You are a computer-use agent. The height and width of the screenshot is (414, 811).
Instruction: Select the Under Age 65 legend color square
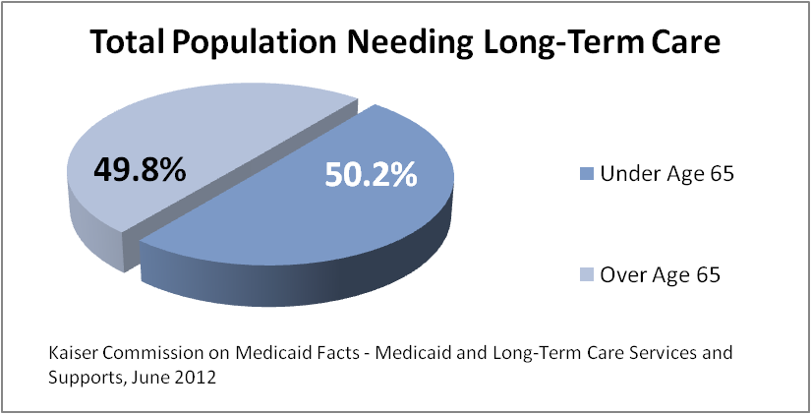click(586, 175)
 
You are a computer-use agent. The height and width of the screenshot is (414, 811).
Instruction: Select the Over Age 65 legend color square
click(586, 275)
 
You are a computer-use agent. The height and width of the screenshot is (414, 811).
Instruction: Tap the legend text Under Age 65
click(667, 175)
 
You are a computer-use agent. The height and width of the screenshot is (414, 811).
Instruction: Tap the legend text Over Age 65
click(661, 275)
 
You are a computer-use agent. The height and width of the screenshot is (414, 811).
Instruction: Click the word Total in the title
click(125, 44)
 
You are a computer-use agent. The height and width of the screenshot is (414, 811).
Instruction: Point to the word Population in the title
click(259, 46)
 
